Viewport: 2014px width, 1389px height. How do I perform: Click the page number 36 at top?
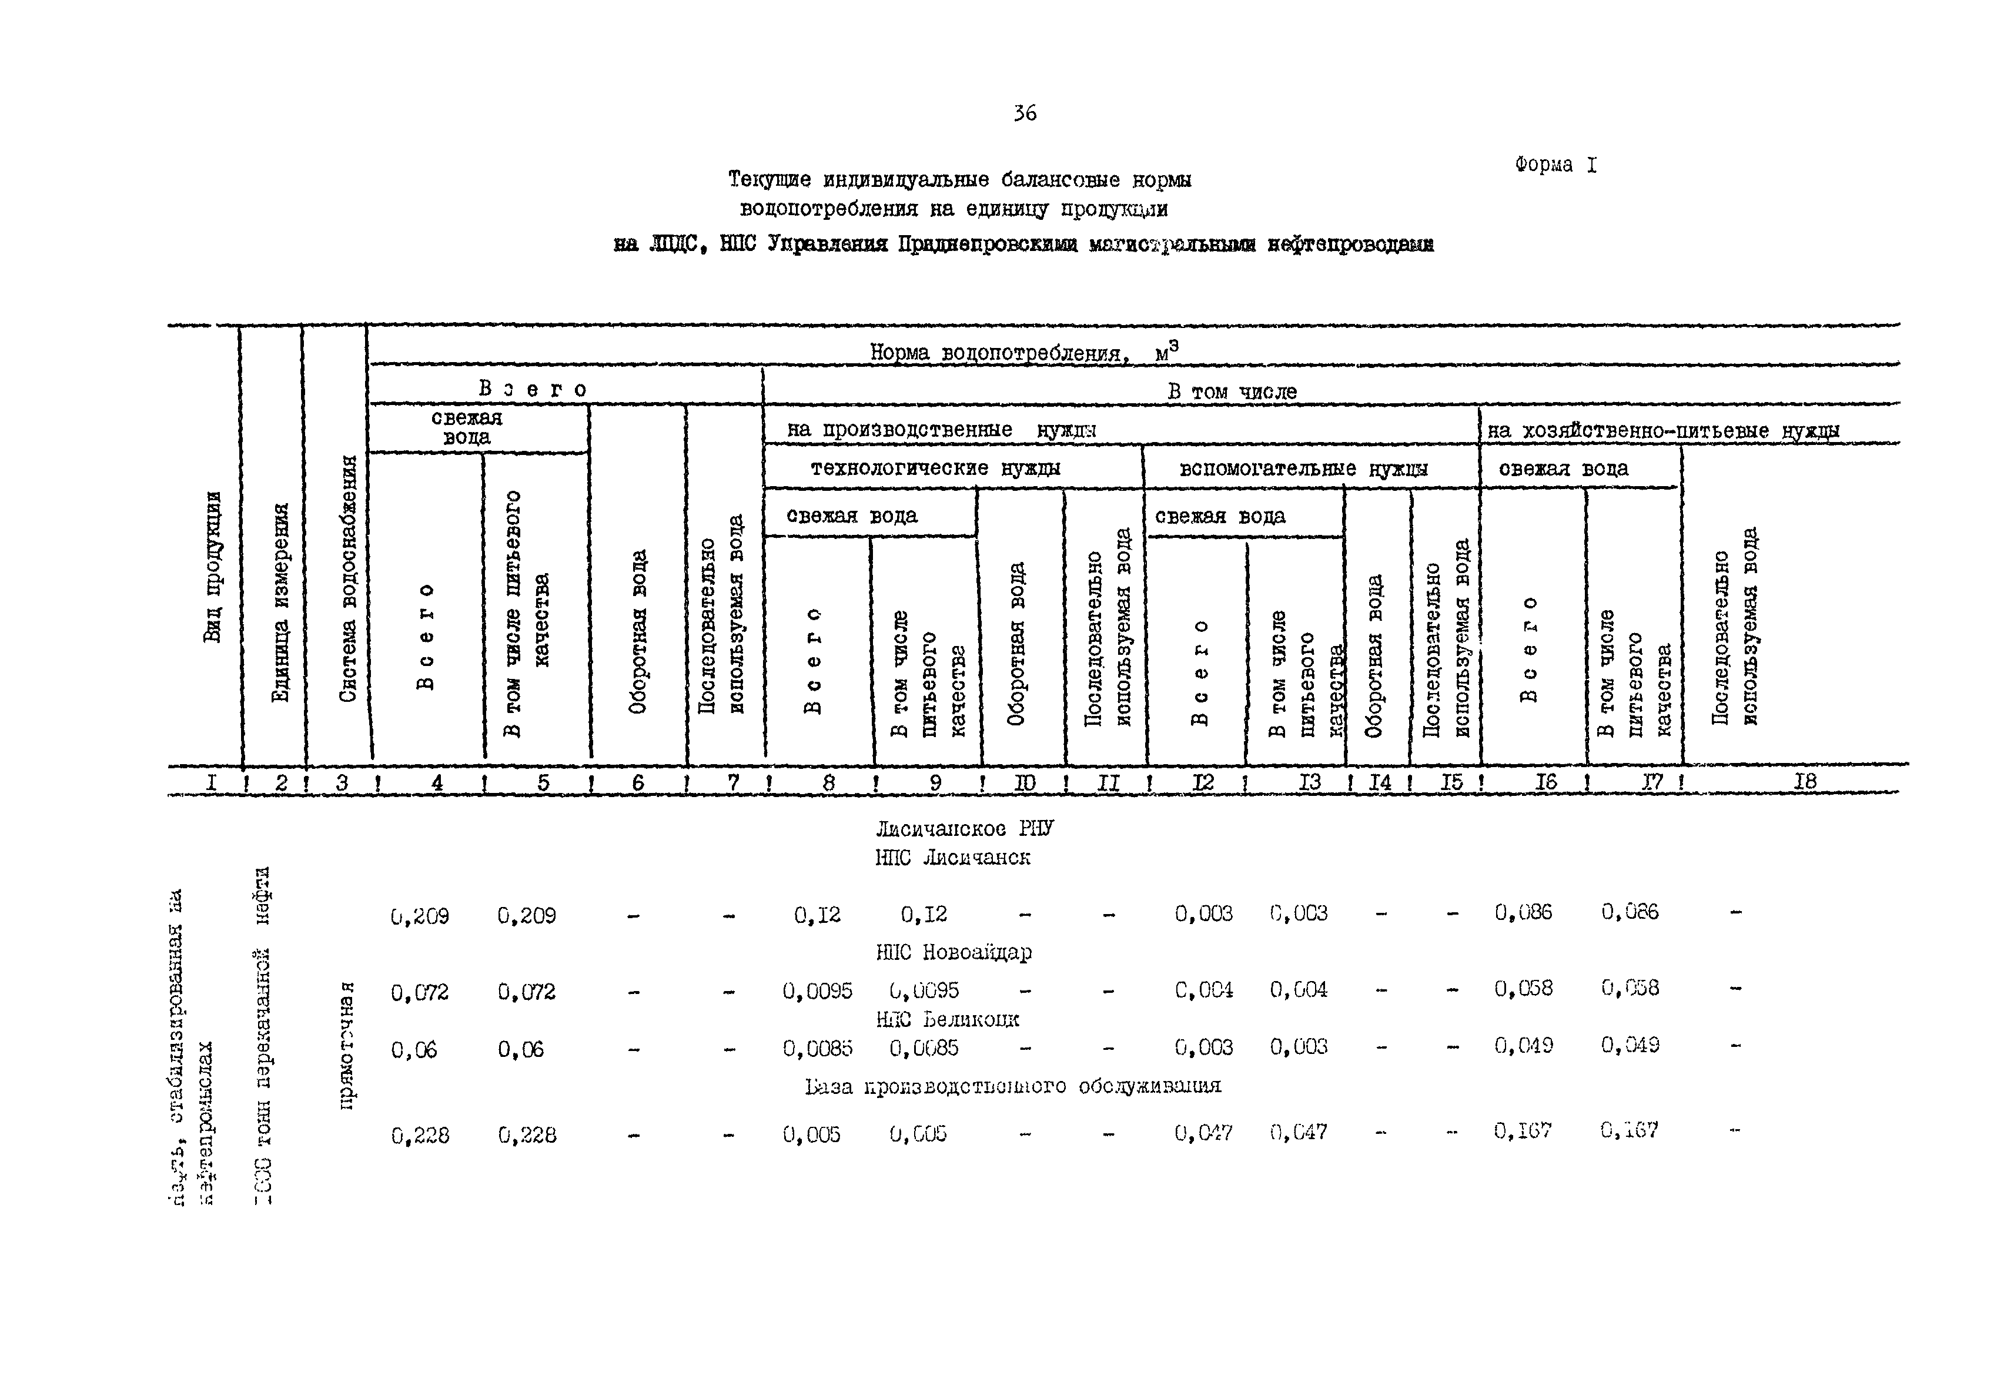coord(1025,113)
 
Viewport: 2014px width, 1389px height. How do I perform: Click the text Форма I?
coord(1555,165)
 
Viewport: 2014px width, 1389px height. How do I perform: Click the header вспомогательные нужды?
coord(1303,468)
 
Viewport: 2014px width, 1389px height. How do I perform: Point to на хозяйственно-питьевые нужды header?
coord(1662,430)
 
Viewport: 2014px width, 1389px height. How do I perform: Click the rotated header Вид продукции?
coord(212,567)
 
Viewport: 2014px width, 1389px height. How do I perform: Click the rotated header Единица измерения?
coord(280,603)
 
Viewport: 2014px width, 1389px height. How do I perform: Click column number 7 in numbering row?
coord(733,782)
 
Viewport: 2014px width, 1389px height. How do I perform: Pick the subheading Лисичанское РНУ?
coord(963,828)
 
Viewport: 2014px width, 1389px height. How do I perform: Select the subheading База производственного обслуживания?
coord(1013,1085)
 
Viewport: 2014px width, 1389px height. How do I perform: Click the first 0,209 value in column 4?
coord(420,916)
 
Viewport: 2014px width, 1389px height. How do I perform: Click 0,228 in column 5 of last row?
coord(527,1135)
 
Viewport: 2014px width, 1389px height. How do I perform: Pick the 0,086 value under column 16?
coord(1523,912)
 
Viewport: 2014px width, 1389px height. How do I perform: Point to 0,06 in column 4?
coord(414,1050)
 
